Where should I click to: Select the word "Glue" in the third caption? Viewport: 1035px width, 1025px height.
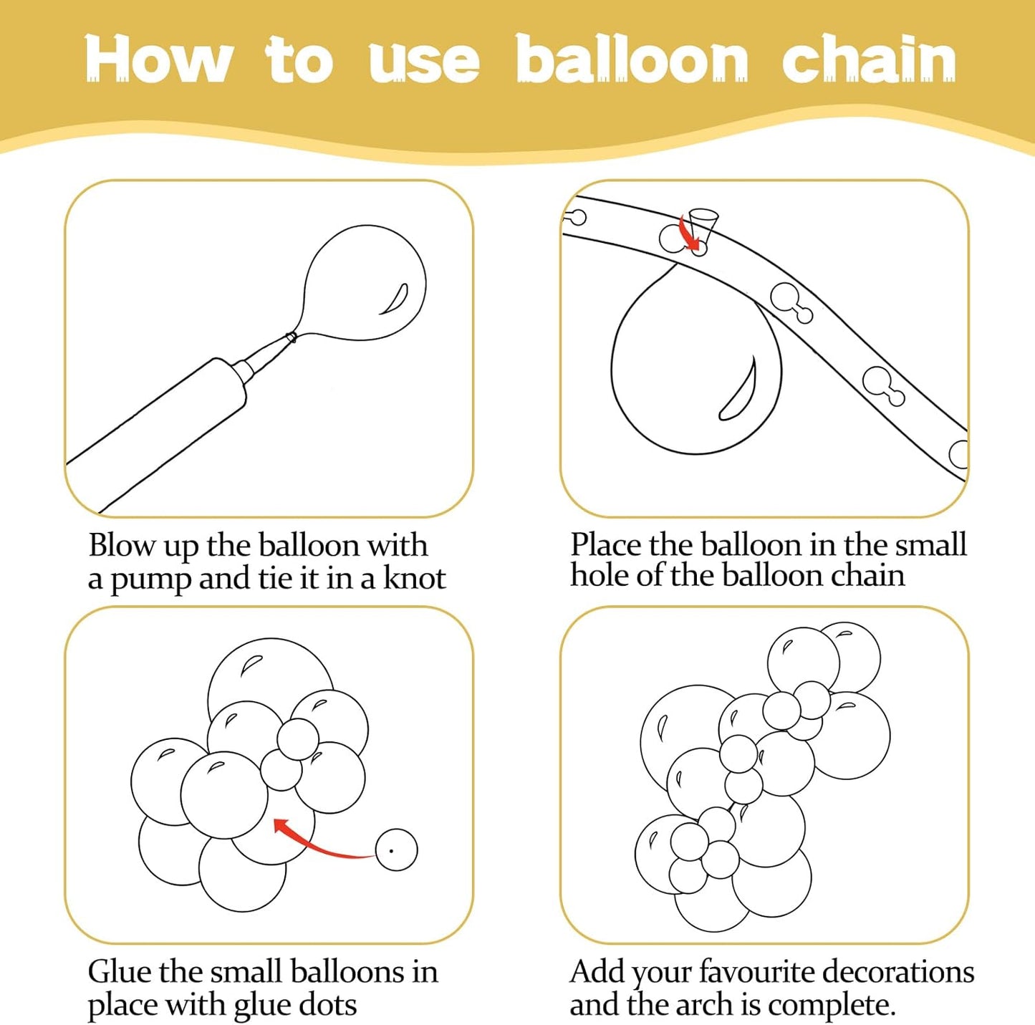coord(119,971)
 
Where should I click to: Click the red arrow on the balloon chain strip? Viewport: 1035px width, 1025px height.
coord(691,234)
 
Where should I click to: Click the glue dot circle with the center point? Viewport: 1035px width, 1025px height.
coord(396,850)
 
